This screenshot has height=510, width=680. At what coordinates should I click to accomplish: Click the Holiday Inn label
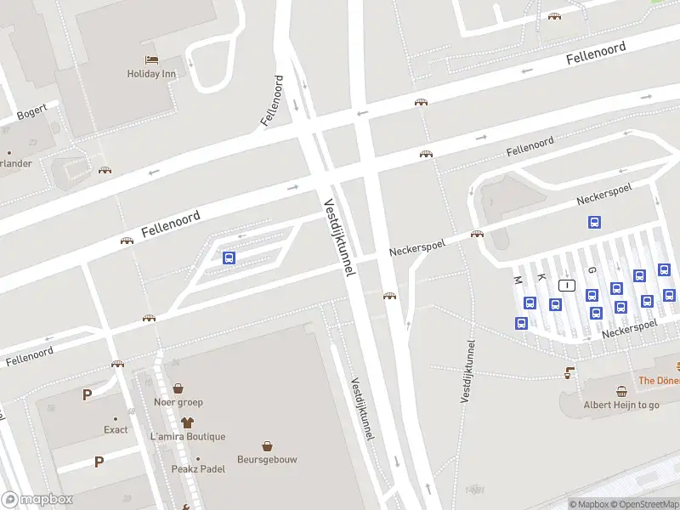151,74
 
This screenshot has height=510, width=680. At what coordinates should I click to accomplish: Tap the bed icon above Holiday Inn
151,59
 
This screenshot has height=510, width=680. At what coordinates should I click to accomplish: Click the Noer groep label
178,402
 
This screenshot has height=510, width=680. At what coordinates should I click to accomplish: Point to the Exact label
116,429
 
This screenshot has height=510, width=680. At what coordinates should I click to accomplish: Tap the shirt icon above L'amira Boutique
188,422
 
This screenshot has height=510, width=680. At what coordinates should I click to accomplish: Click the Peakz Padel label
197,469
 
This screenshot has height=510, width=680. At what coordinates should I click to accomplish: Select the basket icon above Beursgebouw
267,445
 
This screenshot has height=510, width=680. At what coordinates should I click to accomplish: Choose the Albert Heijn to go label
621,405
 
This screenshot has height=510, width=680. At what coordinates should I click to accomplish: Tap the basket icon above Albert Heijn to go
621,391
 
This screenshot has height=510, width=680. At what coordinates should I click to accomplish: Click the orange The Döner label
658,381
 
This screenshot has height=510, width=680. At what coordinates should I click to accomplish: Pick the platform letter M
517,279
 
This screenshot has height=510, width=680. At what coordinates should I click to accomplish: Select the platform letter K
541,277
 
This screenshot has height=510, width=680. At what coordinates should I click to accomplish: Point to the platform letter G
592,269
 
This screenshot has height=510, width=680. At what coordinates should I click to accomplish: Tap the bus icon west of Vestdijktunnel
229,258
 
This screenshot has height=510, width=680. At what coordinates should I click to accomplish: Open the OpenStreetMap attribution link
643,504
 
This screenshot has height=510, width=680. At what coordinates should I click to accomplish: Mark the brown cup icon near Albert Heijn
569,372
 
